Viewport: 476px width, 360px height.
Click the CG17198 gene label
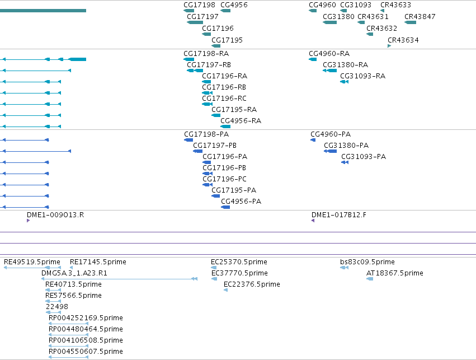coord(199,5)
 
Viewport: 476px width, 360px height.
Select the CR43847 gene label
coord(420,17)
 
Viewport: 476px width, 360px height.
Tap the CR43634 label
coord(403,40)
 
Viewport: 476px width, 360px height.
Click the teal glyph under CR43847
coord(411,22)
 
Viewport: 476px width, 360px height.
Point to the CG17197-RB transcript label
coord(209,65)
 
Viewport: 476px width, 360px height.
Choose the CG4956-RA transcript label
coord(241,121)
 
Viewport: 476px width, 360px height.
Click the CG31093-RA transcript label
coord(363,76)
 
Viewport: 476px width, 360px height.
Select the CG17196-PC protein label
coord(224,179)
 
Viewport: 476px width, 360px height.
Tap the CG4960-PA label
coord(331,134)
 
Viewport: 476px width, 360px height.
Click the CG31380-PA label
coord(346,146)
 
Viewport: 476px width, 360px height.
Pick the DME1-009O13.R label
coord(55,215)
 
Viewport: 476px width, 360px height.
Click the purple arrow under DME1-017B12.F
coord(313,221)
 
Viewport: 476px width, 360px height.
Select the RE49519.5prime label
coord(32,262)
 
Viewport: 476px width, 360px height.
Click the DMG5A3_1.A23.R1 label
coord(74,273)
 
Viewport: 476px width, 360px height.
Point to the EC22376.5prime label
coord(252,284)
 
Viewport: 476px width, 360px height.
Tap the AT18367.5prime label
coord(395,273)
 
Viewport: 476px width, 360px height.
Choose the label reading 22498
coord(56,307)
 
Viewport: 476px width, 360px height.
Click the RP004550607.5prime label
coord(86,352)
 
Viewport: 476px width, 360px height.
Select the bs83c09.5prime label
coord(367,262)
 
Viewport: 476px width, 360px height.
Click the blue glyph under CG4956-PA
coord(225,207)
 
